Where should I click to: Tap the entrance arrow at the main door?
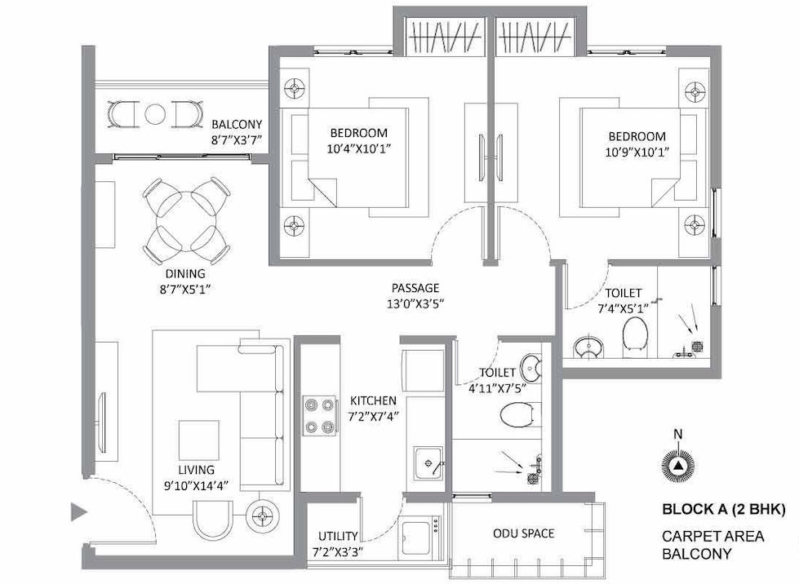point(79,511)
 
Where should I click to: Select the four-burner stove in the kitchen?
point(320,415)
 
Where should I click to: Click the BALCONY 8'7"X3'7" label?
point(237,132)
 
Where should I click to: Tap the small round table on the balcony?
point(155,114)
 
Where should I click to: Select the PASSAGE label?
point(415,288)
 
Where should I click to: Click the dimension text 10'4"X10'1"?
point(359,149)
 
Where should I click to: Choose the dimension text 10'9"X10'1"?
point(637,153)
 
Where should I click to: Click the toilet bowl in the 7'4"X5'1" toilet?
point(635,334)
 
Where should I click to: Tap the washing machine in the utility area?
point(419,538)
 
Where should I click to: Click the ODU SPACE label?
point(523,533)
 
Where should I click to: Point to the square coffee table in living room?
point(199,440)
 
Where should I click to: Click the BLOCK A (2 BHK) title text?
point(724,509)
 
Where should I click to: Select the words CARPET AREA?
point(712,536)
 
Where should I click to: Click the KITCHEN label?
point(373,400)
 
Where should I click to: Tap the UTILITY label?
point(338,536)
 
